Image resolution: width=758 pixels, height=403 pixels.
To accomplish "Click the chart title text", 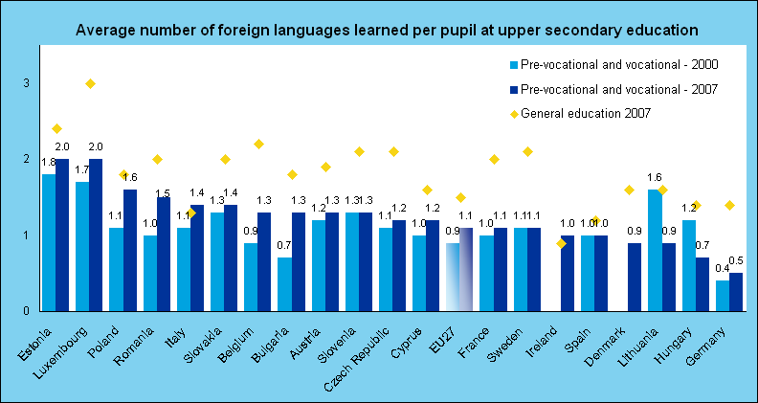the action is click(387, 30).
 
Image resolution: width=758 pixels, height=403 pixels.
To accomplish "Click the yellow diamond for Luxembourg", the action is click(90, 83).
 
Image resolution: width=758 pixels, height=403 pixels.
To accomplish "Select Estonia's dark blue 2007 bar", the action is click(62, 235).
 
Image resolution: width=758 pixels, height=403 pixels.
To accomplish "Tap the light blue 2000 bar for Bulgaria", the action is click(285, 284).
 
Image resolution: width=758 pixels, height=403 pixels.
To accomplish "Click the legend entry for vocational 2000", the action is click(614, 64).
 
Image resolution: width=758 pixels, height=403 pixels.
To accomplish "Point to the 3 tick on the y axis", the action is click(27, 83).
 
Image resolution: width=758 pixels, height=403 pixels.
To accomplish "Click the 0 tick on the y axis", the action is click(27, 310).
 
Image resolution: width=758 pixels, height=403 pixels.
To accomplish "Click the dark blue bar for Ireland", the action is click(568, 273).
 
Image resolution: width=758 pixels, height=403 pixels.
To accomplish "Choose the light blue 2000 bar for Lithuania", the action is click(655, 250).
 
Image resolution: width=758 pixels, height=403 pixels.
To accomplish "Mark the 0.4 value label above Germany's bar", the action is click(720, 267).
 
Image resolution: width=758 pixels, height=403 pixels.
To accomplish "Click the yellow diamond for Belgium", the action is click(258, 145).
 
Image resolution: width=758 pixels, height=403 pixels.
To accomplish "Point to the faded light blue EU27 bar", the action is click(453, 277).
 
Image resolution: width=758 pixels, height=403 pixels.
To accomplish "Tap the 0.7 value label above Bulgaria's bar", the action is click(283, 245).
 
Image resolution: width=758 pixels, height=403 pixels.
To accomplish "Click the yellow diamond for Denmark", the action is click(629, 190).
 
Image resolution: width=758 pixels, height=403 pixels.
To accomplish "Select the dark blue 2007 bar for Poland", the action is click(130, 250).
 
